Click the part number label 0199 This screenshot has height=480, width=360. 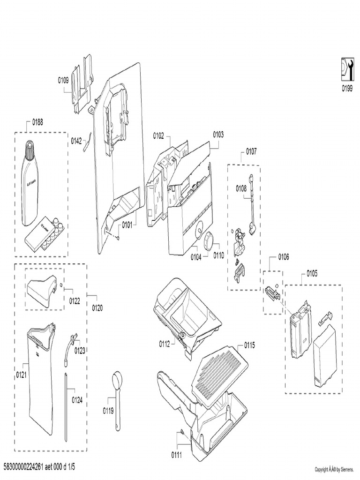point(346,89)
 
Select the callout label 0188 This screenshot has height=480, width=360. point(37,122)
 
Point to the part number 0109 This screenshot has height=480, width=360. point(64,80)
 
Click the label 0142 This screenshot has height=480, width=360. point(76,140)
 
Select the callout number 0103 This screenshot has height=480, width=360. point(218,135)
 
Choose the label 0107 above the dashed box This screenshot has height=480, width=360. point(251,151)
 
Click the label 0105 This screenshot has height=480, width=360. point(312,273)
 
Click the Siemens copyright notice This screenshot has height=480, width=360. point(334,469)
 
